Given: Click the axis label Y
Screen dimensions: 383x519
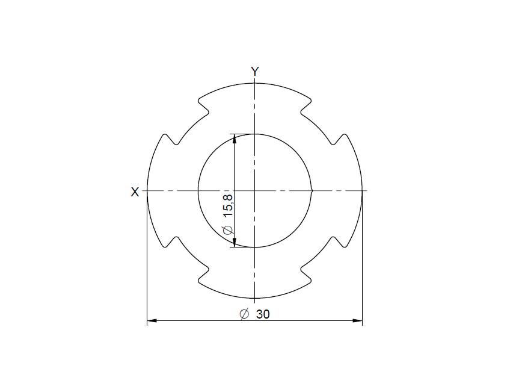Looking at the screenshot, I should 255,72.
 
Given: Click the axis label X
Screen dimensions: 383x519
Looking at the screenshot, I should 135,192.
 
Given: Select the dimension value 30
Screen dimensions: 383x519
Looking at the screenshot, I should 263,314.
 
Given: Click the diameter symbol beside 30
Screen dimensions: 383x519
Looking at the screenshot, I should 244,314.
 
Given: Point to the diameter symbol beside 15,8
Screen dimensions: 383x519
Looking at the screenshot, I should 227,230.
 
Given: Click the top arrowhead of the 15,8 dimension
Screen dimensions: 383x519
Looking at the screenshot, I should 234,139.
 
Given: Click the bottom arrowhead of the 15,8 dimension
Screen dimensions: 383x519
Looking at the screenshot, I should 234,243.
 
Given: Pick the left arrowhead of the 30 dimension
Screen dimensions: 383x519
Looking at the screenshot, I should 152,321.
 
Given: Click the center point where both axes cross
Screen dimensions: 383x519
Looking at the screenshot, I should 255,191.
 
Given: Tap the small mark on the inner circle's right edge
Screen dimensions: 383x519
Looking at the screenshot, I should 312,191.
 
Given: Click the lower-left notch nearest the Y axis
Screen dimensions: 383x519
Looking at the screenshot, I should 205,275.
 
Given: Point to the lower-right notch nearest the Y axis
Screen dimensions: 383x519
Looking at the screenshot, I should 305,275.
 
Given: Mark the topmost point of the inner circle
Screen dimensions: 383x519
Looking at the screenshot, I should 255,134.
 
